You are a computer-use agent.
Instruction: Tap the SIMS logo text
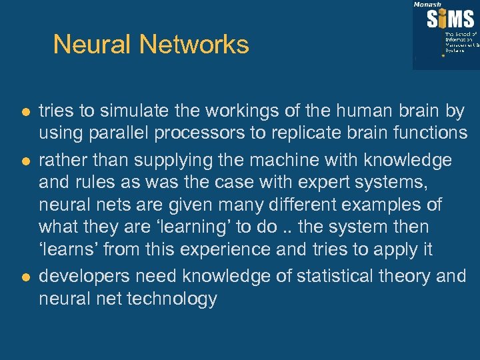click(x=452, y=19)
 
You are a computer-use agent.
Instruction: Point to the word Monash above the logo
click(x=427, y=4)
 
